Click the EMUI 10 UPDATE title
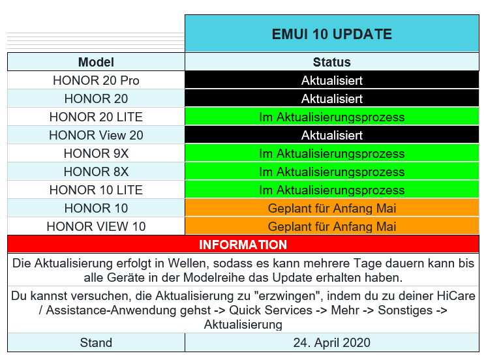coord(332,34)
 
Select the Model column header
coord(96,63)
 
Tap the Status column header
coord(332,63)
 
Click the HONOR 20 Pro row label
coord(96,81)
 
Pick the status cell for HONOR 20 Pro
coord(332,81)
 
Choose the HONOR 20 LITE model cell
coord(96,117)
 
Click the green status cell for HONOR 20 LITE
coord(332,117)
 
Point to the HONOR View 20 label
coord(96,136)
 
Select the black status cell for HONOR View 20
coord(332,136)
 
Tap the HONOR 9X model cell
coord(96,154)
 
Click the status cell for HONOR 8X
coord(332,172)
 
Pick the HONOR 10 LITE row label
coord(96,190)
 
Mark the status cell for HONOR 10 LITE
coord(332,190)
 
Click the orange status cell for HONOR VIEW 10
coord(332,227)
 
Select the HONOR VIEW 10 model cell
coord(96,227)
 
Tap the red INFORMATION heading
coord(243,245)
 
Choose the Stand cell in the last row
coord(96,342)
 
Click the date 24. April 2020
coord(332,342)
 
